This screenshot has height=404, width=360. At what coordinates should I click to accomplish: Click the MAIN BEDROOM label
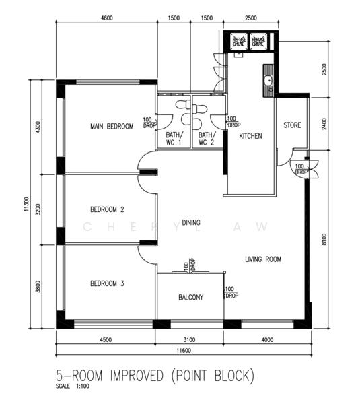tap(112, 126)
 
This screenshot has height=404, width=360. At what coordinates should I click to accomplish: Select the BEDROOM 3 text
tap(108, 283)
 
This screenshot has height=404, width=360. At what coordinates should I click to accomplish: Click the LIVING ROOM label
tap(262, 259)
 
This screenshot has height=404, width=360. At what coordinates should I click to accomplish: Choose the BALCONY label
tap(191, 297)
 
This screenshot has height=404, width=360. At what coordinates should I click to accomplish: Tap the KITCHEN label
tap(250, 136)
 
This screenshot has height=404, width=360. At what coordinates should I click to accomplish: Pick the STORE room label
tap(292, 125)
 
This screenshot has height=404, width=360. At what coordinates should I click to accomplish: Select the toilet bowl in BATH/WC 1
tap(180, 104)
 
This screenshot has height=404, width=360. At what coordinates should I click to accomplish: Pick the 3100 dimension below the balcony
tap(197, 339)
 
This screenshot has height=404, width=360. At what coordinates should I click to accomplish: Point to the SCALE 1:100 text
tap(73, 386)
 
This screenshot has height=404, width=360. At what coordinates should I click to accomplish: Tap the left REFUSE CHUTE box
tap(239, 42)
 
